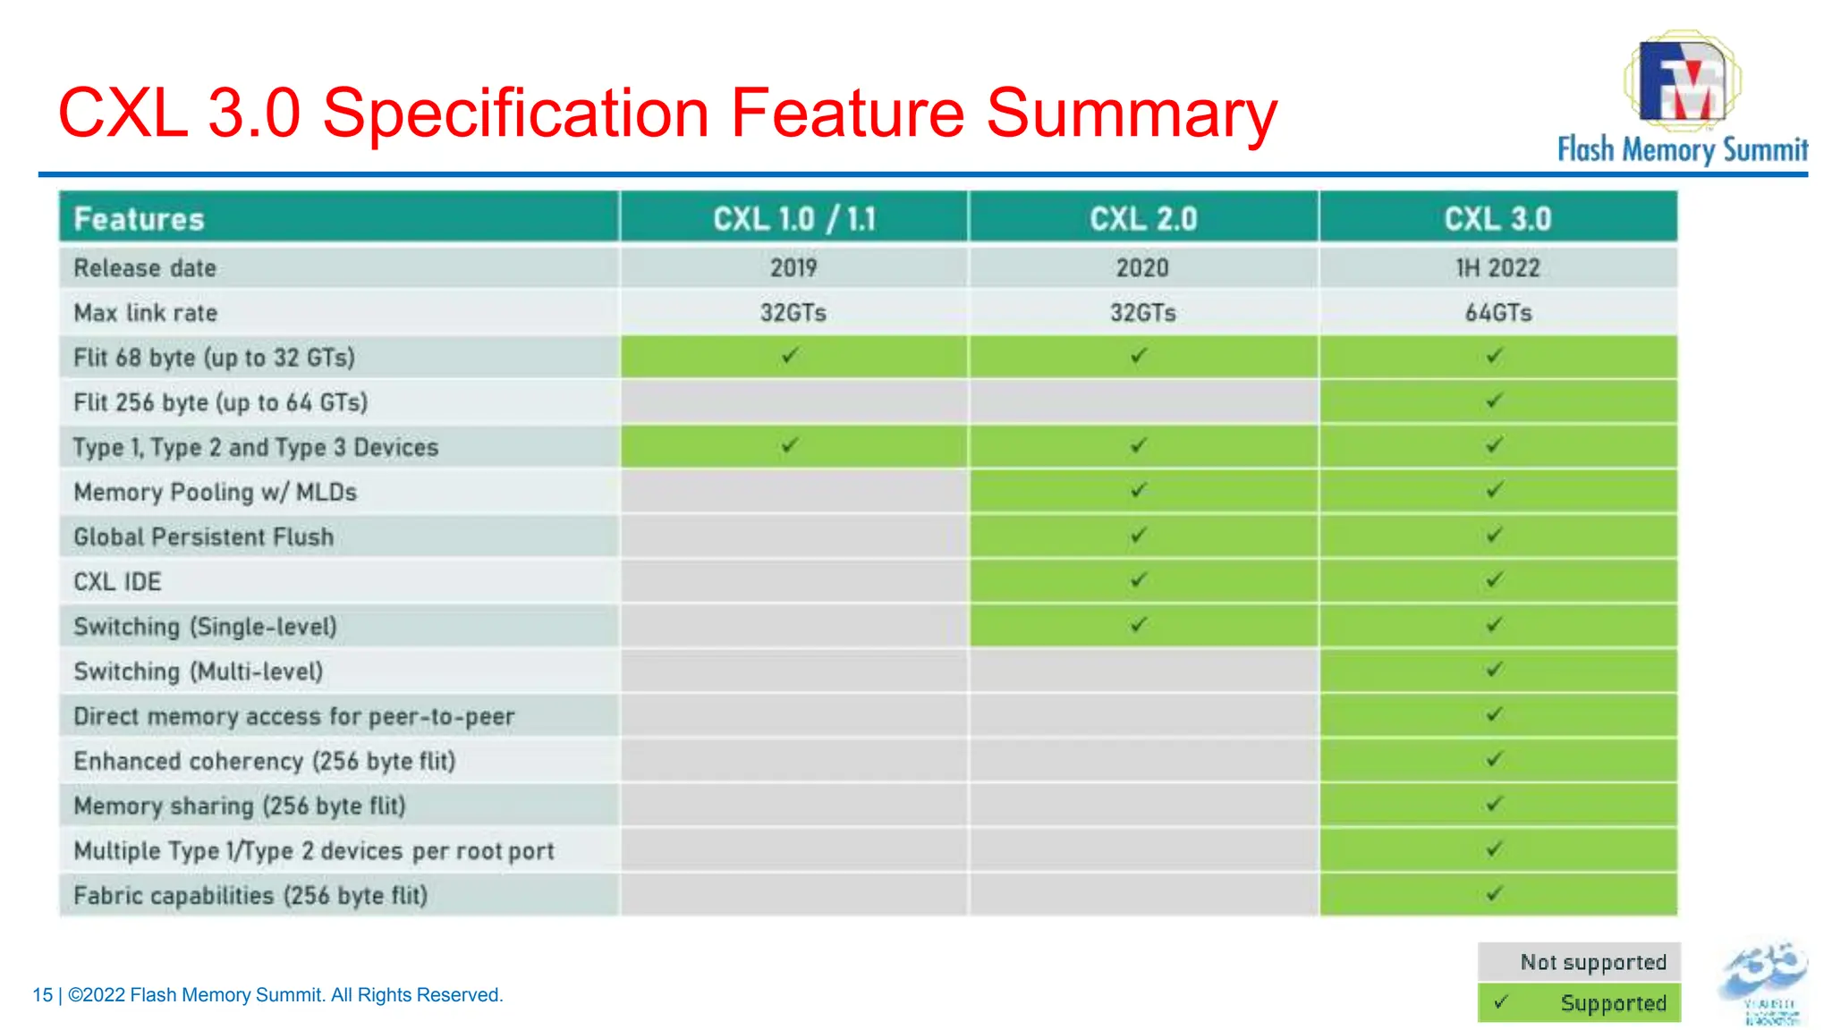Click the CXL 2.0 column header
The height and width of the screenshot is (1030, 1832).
click(1142, 218)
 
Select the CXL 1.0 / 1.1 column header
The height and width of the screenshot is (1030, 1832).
click(793, 218)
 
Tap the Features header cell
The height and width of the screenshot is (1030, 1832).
click(140, 219)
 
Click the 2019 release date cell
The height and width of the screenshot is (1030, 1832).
click(793, 267)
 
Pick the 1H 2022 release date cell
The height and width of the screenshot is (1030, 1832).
click(1497, 267)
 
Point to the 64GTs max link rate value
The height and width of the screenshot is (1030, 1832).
click(1497, 313)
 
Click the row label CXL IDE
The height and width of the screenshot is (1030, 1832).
click(117, 582)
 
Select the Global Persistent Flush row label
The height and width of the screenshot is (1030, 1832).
click(203, 536)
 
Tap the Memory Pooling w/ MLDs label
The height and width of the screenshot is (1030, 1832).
click(215, 492)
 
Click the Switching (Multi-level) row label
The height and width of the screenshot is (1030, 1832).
click(198, 671)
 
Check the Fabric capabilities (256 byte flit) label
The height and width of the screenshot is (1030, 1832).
click(250, 895)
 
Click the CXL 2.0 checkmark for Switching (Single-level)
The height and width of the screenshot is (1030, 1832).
click(1138, 624)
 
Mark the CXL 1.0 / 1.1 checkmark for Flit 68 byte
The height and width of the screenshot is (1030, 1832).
click(789, 356)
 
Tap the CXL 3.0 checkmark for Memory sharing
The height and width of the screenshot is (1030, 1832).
click(1494, 804)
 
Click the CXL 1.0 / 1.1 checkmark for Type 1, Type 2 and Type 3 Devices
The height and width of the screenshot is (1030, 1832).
click(789, 445)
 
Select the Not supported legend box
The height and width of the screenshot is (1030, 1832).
click(1579, 962)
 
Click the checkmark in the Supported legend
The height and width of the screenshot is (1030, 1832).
click(1501, 1002)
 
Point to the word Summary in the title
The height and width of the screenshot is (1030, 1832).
click(1132, 114)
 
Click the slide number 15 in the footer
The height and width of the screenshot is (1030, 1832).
click(42, 995)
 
